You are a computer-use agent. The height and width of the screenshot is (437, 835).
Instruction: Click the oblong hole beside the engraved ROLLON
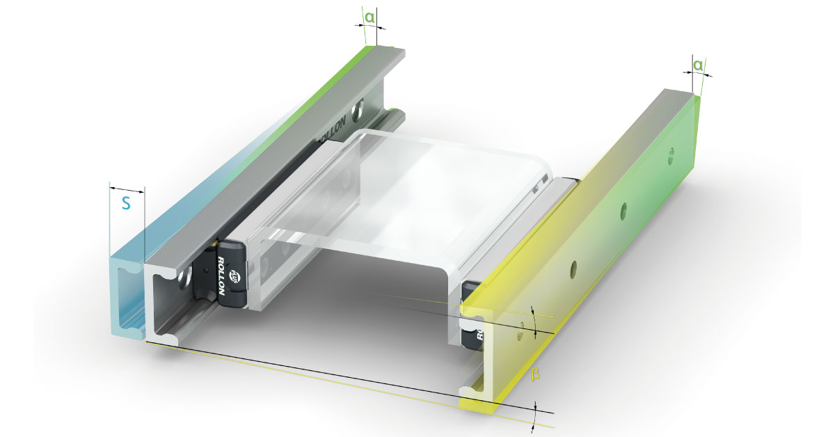[360, 109]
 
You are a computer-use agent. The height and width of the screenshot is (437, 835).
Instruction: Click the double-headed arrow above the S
[127, 189]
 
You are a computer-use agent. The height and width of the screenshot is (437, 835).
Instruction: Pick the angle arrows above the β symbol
[534, 321]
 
